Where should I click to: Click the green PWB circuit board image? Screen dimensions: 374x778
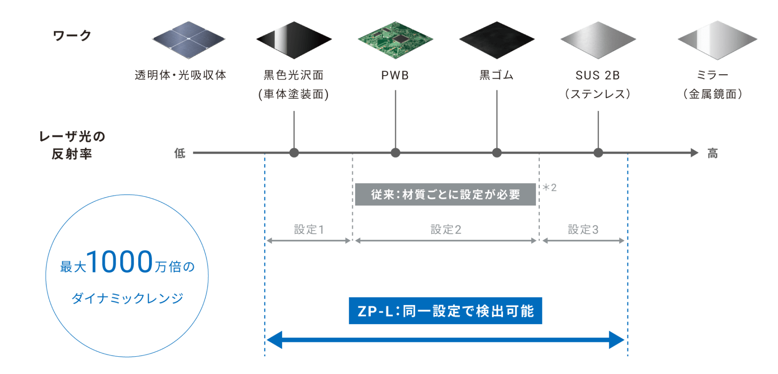tap(395, 40)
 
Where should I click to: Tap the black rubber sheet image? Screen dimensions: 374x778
tap(497, 40)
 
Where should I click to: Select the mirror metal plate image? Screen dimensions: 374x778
tap(717, 40)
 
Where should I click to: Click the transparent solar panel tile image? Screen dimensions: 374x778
tap(189, 39)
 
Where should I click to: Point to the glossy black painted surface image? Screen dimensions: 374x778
tap(294, 40)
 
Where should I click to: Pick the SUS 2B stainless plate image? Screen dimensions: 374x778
tap(598, 40)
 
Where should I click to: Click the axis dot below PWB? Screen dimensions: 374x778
tap(395, 153)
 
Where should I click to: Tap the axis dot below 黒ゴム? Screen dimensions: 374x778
tap(497, 153)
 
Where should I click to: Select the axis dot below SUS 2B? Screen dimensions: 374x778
tap(598, 153)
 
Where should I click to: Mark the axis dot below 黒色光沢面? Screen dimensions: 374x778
tap(294, 153)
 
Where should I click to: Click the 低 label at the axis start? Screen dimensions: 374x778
tap(180, 153)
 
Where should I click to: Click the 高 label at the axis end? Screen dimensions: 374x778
tap(713, 153)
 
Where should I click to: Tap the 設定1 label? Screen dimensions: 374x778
tap(309, 230)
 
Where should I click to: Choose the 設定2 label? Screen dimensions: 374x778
tap(446, 230)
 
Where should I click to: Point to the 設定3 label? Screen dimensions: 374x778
tap(583, 230)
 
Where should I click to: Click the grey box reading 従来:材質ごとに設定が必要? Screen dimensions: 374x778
tap(445, 195)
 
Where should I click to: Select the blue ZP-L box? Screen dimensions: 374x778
tap(445, 311)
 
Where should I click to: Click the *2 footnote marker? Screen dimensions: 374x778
tap(550, 187)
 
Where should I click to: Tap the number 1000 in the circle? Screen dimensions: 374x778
tap(121, 262)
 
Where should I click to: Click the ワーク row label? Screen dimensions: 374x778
tap(72, 36)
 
